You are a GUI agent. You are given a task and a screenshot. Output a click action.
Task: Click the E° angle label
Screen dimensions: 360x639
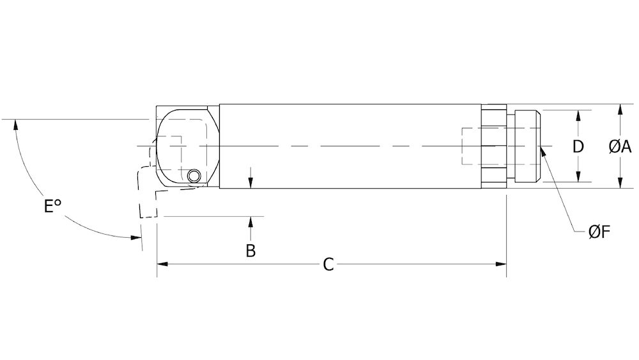[52, 207]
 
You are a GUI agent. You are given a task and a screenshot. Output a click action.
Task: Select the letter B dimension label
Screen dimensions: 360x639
[251, 250]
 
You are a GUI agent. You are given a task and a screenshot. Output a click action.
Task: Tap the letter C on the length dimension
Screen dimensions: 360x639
[328, 264]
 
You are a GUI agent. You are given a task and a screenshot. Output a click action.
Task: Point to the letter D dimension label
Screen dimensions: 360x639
[578, 146]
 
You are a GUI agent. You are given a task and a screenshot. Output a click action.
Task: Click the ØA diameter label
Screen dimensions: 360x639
[619, 146]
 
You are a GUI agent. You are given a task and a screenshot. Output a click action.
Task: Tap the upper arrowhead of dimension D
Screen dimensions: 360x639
[578, 114]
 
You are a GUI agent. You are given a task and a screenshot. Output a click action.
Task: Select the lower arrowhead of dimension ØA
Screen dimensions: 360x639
[619, 185]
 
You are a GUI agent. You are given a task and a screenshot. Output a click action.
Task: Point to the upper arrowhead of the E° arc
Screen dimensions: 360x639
[13, 123]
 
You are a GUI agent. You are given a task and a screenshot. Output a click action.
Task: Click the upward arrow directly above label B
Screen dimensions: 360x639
[251, 221]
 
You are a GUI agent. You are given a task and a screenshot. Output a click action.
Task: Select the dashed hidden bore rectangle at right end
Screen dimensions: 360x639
[472, 146]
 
